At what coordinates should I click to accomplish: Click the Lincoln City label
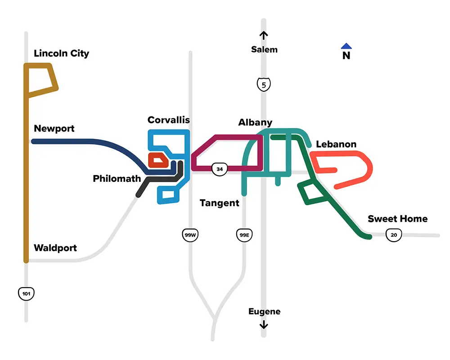tap(61, 54)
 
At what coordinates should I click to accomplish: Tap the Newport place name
tap(54, 129)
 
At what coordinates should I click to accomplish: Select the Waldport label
tap(55, 248)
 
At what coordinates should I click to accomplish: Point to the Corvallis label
tap(169, 120)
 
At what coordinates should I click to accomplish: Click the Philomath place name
tap(117, 179)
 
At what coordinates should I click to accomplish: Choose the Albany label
tap(255, 122)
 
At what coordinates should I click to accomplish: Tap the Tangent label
tap(220, 203)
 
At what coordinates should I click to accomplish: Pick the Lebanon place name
tap(336, 144)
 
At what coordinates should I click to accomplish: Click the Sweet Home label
tap(397, 219)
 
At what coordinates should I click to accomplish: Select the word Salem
tap(264, 49)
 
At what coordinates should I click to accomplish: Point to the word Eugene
tap(264, 311)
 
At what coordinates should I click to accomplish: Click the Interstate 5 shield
tap(264, 84)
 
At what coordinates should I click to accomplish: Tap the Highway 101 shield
tap(26, 294)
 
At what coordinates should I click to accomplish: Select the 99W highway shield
tap(190, 234)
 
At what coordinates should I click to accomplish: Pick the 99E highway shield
tap(243, 234)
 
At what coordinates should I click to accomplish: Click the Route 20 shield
tap(394, 234)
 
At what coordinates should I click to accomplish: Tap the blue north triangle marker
tap(346, 46)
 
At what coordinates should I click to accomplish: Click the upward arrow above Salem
tap(264, 35)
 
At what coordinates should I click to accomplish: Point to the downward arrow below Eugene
tap(264, 325)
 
